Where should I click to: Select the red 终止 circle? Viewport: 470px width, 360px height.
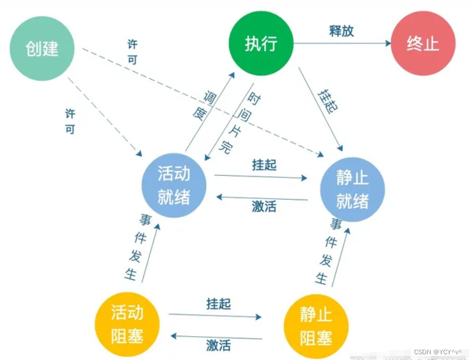(423, 44)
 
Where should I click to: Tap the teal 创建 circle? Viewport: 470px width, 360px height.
(42, 48)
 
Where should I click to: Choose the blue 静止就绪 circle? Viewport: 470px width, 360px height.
(352, 190)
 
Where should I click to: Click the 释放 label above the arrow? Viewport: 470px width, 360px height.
(341, 31)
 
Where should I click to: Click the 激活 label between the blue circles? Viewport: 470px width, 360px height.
(264, 206)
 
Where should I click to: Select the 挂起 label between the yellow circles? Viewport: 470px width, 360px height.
(218, 304)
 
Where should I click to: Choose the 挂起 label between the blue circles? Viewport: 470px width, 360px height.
(264, 165)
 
